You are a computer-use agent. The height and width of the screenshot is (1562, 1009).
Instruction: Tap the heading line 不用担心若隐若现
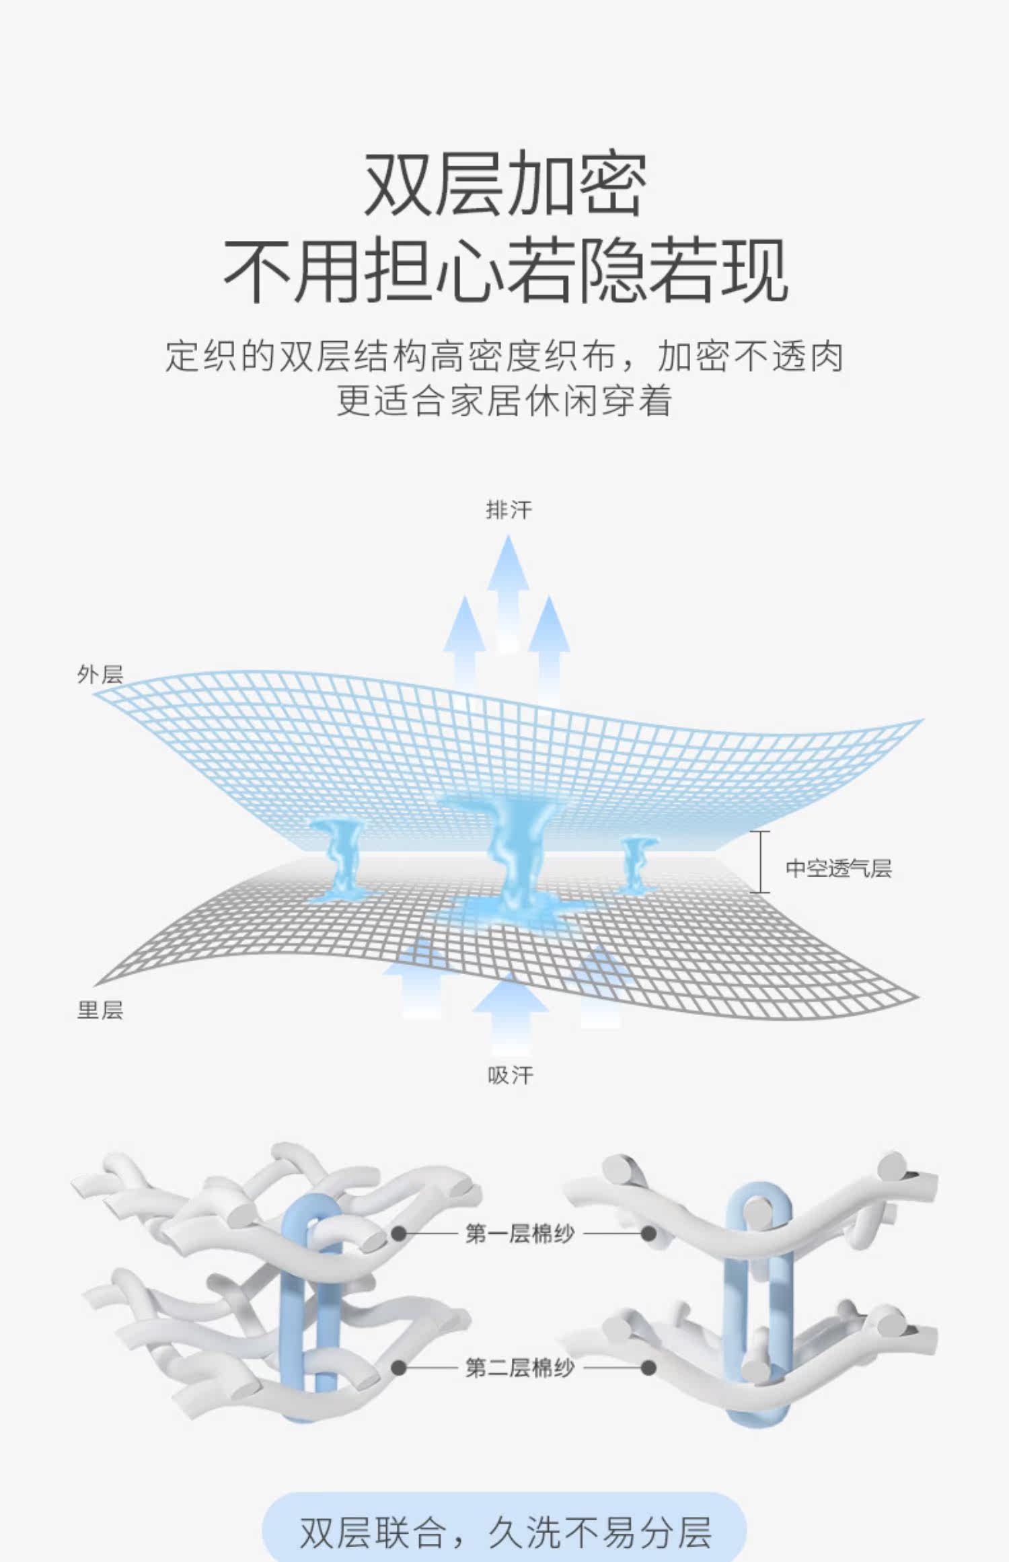pyautogui.click(x=504, y=271)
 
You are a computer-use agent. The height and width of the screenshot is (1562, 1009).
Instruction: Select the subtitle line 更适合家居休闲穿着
pyautogui.click(x=504, y=401)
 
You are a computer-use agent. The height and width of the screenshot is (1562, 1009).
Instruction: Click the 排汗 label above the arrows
pyautogui.click(x=509, y=510)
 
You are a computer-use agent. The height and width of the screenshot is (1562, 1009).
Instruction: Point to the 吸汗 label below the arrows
pyautogui.click(x=510, y=1075)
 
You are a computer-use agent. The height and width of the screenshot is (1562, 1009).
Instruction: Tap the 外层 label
pyautogui.click(x=100, y=675)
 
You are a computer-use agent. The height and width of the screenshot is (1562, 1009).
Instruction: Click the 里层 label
pyautogui.click(x=100, y=1010)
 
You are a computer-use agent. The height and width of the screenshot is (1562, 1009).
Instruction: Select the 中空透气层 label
pyautogui.click(x=838, y=868)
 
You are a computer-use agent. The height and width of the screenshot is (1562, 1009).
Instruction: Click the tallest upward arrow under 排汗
pyautogui.click(x=509, y=592)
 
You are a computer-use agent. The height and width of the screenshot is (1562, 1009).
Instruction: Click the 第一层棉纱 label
pyautogui.click(x=520, y=1234)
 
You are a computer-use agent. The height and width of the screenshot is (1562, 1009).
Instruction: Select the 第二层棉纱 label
pyautogui.click(x=520, y=1367)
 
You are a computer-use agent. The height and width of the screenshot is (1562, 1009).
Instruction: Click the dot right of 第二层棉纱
pyautogui.click(x=648, y=1367)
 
